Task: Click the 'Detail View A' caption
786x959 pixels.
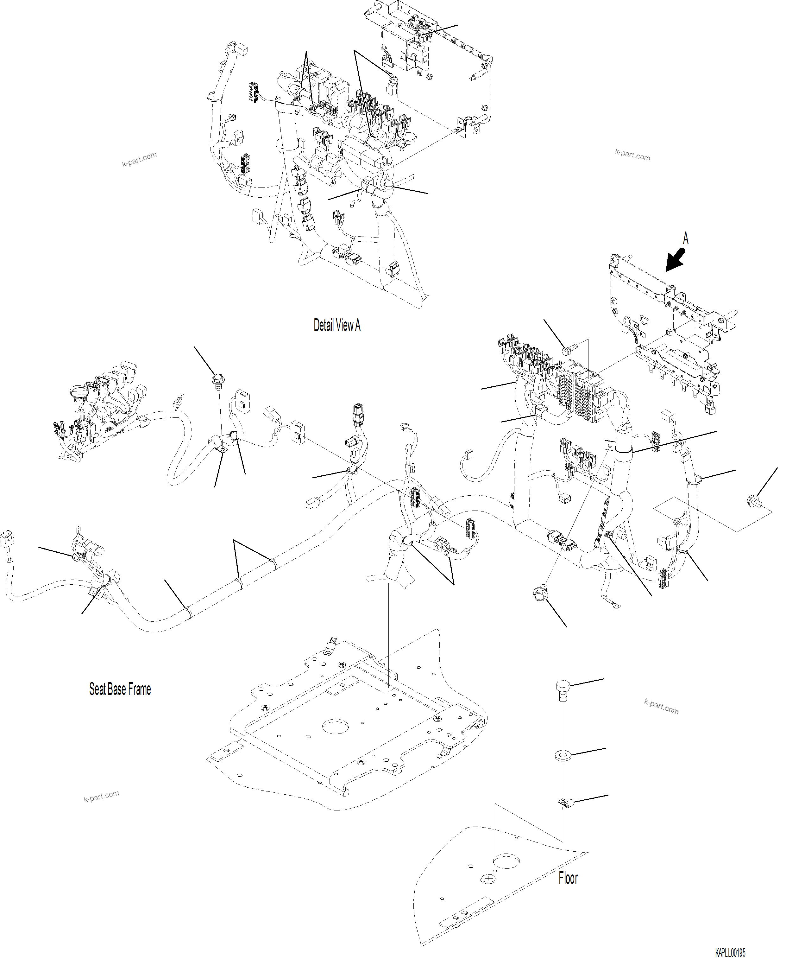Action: [x=337, y=325]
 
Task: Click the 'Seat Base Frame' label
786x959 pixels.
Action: [x=120, y=689]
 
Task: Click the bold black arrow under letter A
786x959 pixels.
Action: [x=676, y=262]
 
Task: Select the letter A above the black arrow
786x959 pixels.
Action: [x=685, y=239]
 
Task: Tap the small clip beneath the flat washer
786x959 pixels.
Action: [x=565, y=803]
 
